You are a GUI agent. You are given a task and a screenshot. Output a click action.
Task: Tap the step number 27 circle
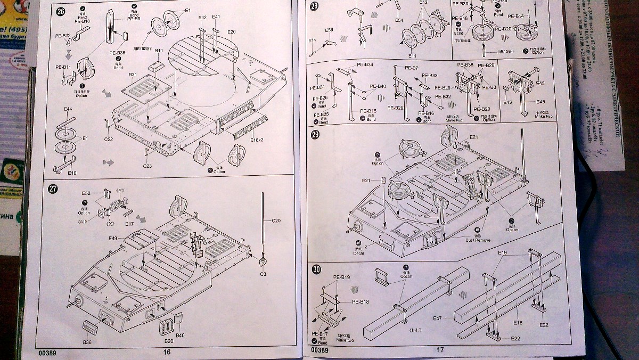pyautogui.click(x=53, y=189)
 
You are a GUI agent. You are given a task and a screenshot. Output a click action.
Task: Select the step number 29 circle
pyautogui.click(x=315, y=135)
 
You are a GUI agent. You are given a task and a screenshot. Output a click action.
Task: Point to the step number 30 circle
pyautogui.click(x=316, y=269)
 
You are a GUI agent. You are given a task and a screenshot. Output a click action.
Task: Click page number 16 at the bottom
pyautogui.click(x=167, y=351)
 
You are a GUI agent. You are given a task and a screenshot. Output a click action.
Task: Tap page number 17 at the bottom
pyautogui.click(x=440, y=350)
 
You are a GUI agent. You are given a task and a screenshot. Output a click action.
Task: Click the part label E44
pyautogui.click(x=68, y=109)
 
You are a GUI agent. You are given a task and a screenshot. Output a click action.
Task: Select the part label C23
pyautogui.click(x=147, y=166)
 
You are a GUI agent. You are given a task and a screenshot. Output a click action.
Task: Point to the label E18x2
pyautogui.click(x=257, y=140)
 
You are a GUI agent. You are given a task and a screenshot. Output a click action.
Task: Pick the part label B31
pyautogui.click(x=133, y=74)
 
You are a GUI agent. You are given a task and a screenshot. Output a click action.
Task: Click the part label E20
pyautogui.click(x=231, y=32)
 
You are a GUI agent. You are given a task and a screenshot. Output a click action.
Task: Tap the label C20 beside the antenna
pyautogui.click(x=276, y=220)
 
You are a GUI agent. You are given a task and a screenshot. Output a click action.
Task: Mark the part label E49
pyautogui.click(x=112, y=238)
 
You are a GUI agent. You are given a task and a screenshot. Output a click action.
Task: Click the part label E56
pyautogui.click(x=329, y=30)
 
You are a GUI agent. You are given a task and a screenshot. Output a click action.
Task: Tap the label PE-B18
pyautogui.click(x=361, y=301)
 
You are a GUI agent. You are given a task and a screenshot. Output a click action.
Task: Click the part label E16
pyautogui.click(x=518, y=322)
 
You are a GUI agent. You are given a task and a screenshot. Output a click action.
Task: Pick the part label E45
pyautogui.click(x=540, y=102)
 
